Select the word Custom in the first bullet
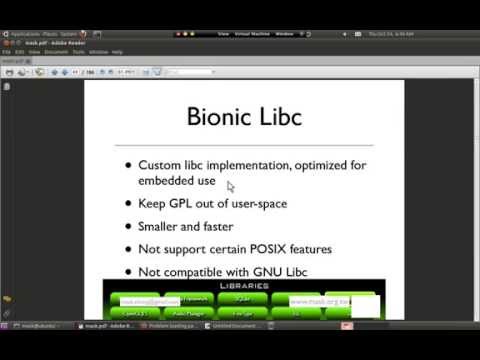click(162, 165)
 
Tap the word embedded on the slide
click(166, 180)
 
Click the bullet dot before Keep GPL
click(127, 203)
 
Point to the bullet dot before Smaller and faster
click(127, 226)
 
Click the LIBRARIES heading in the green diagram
click(240, 287)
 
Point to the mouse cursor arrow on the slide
click(230, 186)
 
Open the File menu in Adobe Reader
click(7, 51)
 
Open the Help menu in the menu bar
click(117, 51)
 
